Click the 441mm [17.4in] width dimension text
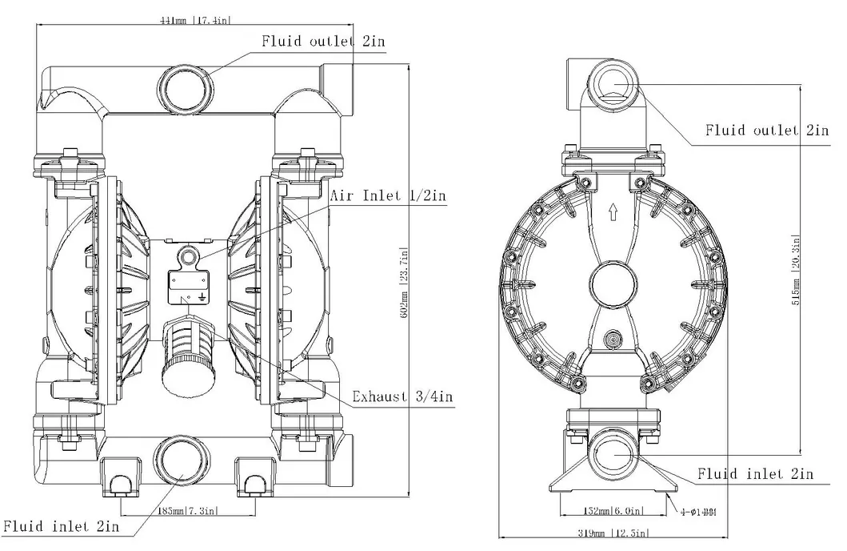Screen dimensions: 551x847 coord(197,19)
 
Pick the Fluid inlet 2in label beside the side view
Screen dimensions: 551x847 coord(754,474)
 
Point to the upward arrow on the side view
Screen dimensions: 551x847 coord(613,212)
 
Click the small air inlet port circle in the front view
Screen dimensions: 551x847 coord(189,255)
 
